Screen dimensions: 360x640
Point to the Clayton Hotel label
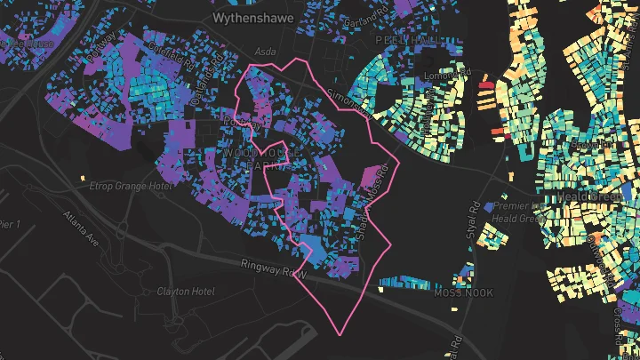point(186,292)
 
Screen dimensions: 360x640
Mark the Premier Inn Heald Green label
point(518,212)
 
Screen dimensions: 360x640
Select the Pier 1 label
point(10,223)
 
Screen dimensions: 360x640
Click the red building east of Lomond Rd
point(486,85)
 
